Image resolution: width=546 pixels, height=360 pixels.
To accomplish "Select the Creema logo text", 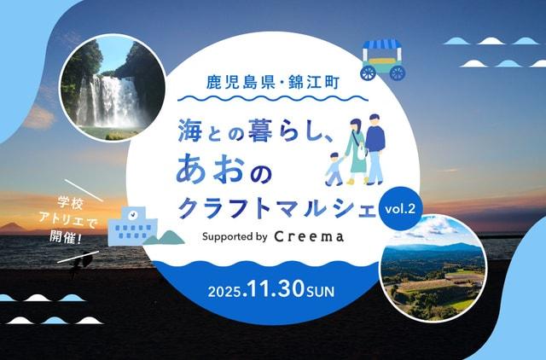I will click(x=310, y=236).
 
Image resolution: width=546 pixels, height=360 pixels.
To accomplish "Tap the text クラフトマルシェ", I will click(x=276, y=206).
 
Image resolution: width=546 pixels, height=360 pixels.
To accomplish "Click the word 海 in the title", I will click(x=192, y=131).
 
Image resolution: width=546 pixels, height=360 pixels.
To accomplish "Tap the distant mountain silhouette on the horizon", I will click(x=15, y=228).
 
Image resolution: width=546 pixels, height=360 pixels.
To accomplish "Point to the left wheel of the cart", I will click(x=371, y=73).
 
